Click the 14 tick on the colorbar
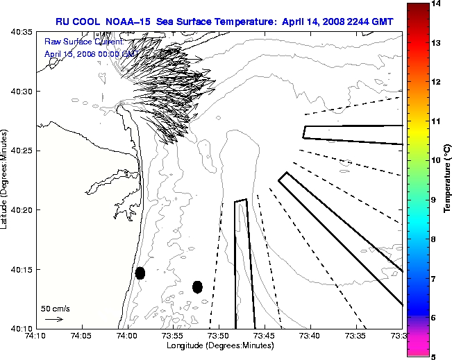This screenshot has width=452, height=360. pyautogui.click(x=434, y=4)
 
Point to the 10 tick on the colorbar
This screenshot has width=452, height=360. pyautogui.click(x=434, y=160)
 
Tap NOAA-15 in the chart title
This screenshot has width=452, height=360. pyautogui.click(x=131, y=22)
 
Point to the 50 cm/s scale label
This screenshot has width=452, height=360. pyautogui.click(x=56, y=308)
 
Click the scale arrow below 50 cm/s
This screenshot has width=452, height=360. pyautogui.click(x=53, y=319)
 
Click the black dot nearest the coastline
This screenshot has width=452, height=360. pyautogui.click(x=140, y=273)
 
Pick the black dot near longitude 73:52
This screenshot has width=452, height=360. pyautogui.click(x=197, y=286)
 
